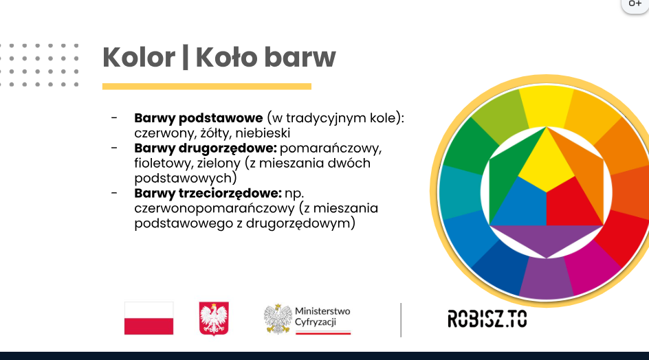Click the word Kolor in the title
tap(139, 57)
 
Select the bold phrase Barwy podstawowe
tap(198, 118)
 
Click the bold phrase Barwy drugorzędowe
tap(206, 148)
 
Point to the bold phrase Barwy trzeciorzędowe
tap(208, 193)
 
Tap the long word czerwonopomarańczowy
tap(214, 207)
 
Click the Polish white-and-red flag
tap(149, 318)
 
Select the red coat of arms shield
tap(214, 318)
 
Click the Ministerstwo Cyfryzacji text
tap(322, 317)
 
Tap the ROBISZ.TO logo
tap(487, 319)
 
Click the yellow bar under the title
tap(206, 87)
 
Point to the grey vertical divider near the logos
tap(401, 320)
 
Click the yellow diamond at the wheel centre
tap(547, 159)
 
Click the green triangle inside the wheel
tap(508, 174)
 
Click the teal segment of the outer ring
tap(456, 192)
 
